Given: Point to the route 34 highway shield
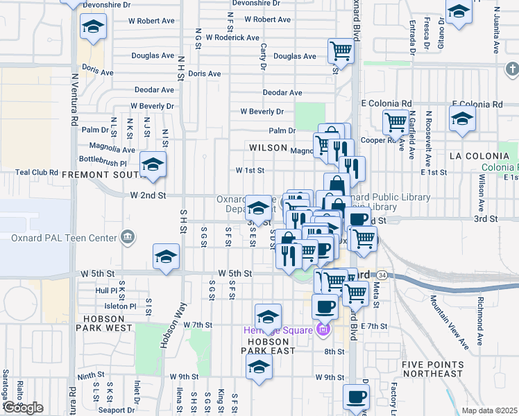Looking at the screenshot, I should (382, 275).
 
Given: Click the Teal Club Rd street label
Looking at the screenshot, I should (37, 171).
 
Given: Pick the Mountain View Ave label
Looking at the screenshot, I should (447, 321).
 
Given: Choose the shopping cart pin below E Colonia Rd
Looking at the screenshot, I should (395, 122).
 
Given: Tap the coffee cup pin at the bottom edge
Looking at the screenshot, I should (357, 397).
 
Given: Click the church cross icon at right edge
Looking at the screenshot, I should (511, 69).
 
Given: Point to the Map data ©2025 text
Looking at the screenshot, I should (489, 410).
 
